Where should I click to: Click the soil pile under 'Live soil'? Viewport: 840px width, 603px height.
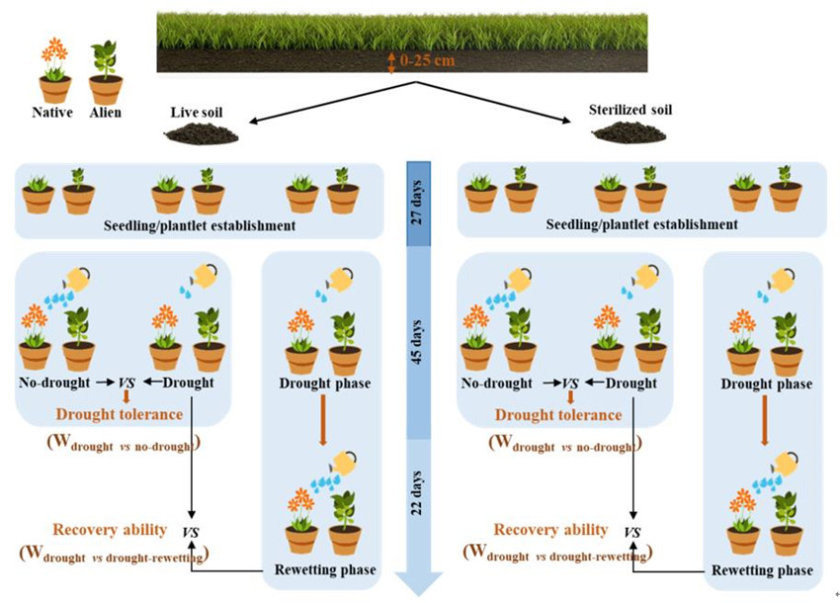click(202, 134)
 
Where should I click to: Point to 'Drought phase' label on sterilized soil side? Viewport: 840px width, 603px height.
click(766, 384)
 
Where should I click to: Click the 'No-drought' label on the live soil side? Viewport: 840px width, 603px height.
click(50, 383)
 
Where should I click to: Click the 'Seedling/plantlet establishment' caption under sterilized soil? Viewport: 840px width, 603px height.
click(641, 224)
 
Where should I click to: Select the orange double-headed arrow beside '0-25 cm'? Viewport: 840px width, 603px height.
click(392, 62)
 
